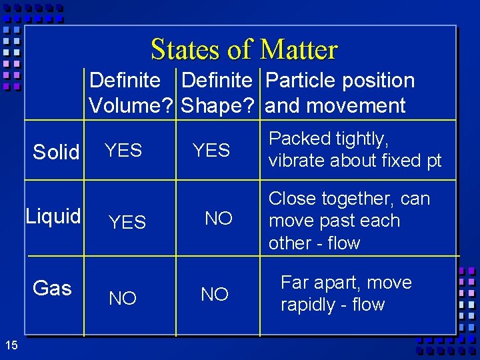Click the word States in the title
tap(179, 49)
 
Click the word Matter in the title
tap(299, 49)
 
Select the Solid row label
tap(56, 152)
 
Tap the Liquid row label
tap(53, 216)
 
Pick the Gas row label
tap(52, 288)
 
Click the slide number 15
tap(11, 345)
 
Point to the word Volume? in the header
tap(131, 105)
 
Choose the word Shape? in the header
tap(219, 105)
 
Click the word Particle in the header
tap(301, 81)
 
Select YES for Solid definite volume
tap(123, 151)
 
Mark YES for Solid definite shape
tap(211, 151)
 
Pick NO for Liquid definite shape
tap(219, 219)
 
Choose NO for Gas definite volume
tap(123, 299)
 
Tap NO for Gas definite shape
tap(215, 294)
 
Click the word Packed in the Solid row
tap(299, 139)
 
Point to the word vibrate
tap(294, 161)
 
